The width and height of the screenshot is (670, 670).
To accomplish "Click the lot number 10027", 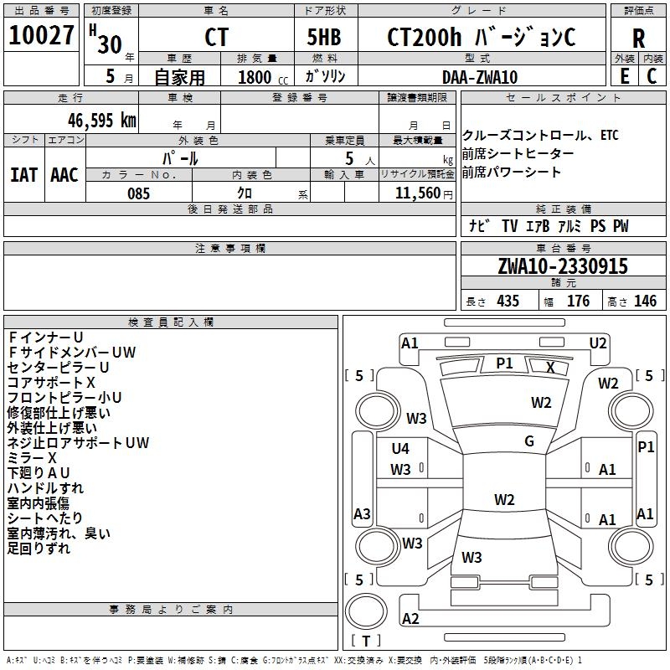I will [x=41, y=36].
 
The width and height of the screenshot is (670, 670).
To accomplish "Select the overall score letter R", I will [x=638, y=39].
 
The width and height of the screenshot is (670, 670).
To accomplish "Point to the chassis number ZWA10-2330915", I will [x=562, y=266].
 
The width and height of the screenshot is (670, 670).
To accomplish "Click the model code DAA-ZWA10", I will [x=480, y=77].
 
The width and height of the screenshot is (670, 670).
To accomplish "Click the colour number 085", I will [x=139, y=193].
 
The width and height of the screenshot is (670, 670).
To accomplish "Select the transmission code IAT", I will [x=23, y=174].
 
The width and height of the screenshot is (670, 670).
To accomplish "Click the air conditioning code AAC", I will [x=64, y=174].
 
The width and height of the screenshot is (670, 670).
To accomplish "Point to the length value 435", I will [x=507, y=301].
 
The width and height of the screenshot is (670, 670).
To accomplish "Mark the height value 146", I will [x=645, y=301].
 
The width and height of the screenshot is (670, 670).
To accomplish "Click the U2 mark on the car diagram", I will [x=598, y=343].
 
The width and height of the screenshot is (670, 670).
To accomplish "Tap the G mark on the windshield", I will [x=529, y=441].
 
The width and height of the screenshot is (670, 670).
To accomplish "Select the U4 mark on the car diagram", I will [x=400, y=449].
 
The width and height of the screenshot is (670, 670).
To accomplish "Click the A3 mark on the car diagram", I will [x=362, y=513].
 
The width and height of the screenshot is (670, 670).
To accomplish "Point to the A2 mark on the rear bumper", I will [x=410, y=618].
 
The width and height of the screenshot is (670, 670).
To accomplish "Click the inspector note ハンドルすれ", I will [x=45, y=488].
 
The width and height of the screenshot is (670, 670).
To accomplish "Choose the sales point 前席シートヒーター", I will [x=518, y=154].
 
